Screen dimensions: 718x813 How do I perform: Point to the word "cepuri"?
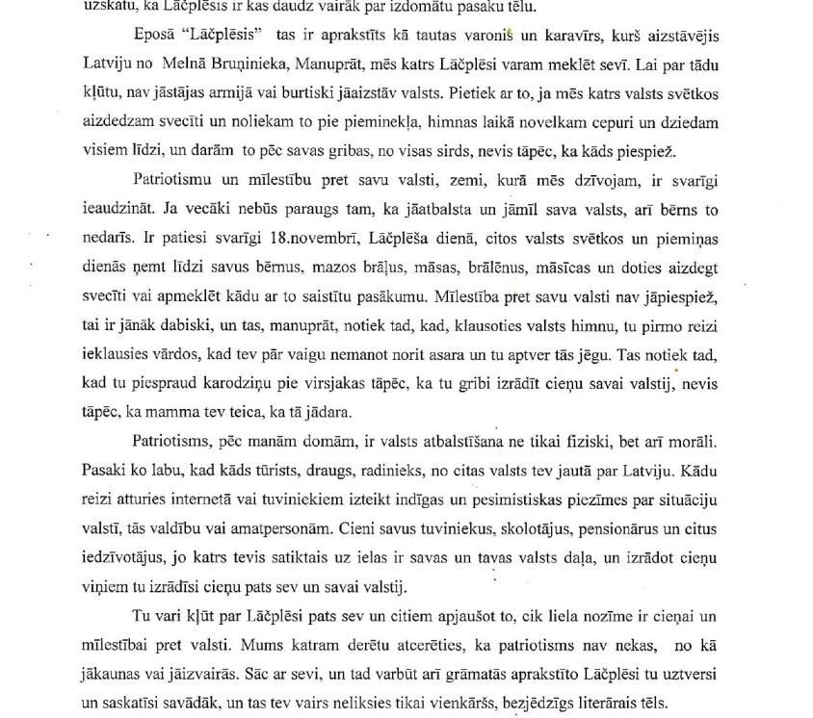580,124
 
